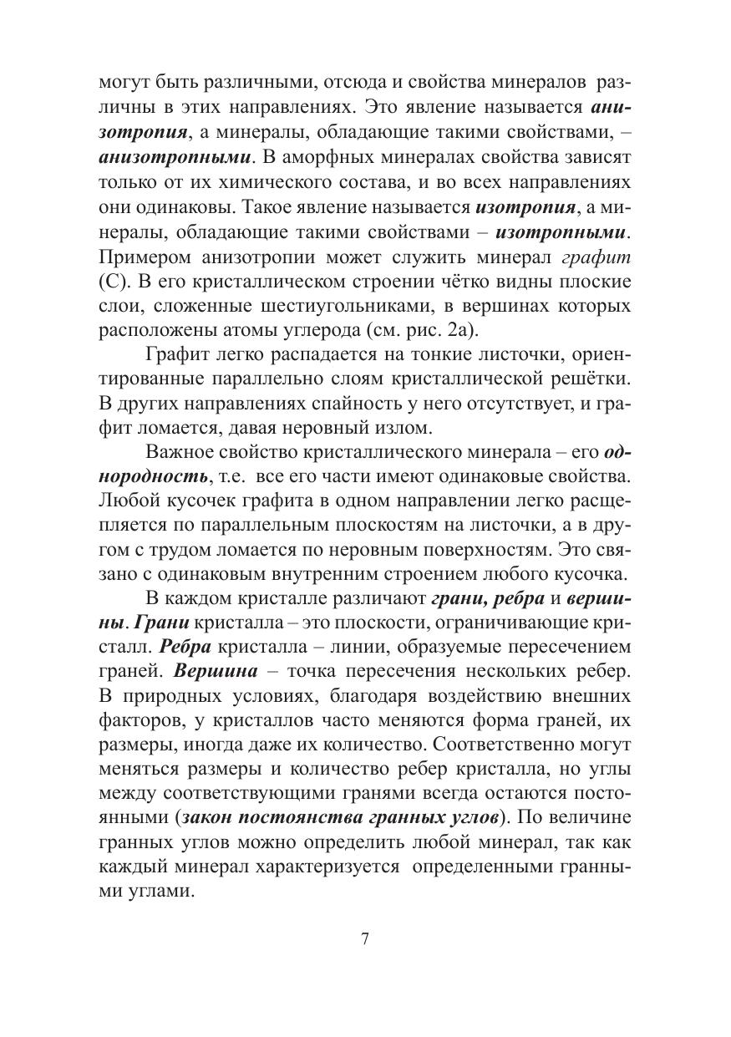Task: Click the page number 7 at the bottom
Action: [365, 938]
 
